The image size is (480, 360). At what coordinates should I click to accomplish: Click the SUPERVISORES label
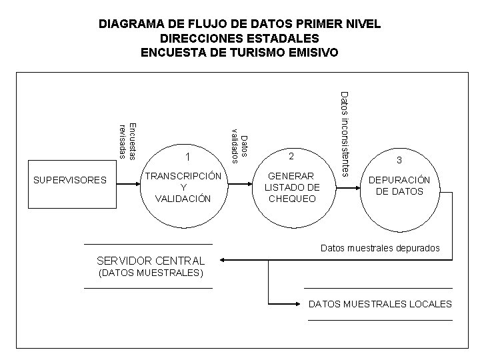tap(70, 180)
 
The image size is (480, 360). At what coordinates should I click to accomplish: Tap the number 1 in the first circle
tap(189, 158)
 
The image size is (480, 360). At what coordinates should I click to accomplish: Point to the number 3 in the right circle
tap(399, 160)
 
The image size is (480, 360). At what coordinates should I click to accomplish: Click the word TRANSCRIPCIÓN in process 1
tap(183, 176)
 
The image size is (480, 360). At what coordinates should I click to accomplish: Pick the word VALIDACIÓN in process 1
tap(183, 198)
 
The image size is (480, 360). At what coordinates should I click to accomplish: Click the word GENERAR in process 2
tap(291, 176)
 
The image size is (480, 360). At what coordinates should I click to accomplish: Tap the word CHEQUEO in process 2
tap(291, 198)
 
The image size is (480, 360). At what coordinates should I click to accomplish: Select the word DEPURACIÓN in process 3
tap(399, 181)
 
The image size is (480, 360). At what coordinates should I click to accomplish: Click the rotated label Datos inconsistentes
tap(344, 133)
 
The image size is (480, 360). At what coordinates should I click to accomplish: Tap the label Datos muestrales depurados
tap(380, 248)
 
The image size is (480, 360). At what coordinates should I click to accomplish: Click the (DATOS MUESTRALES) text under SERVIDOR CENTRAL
tap(151, 273)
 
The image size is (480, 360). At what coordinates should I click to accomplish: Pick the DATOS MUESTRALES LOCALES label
tap(380, 304)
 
